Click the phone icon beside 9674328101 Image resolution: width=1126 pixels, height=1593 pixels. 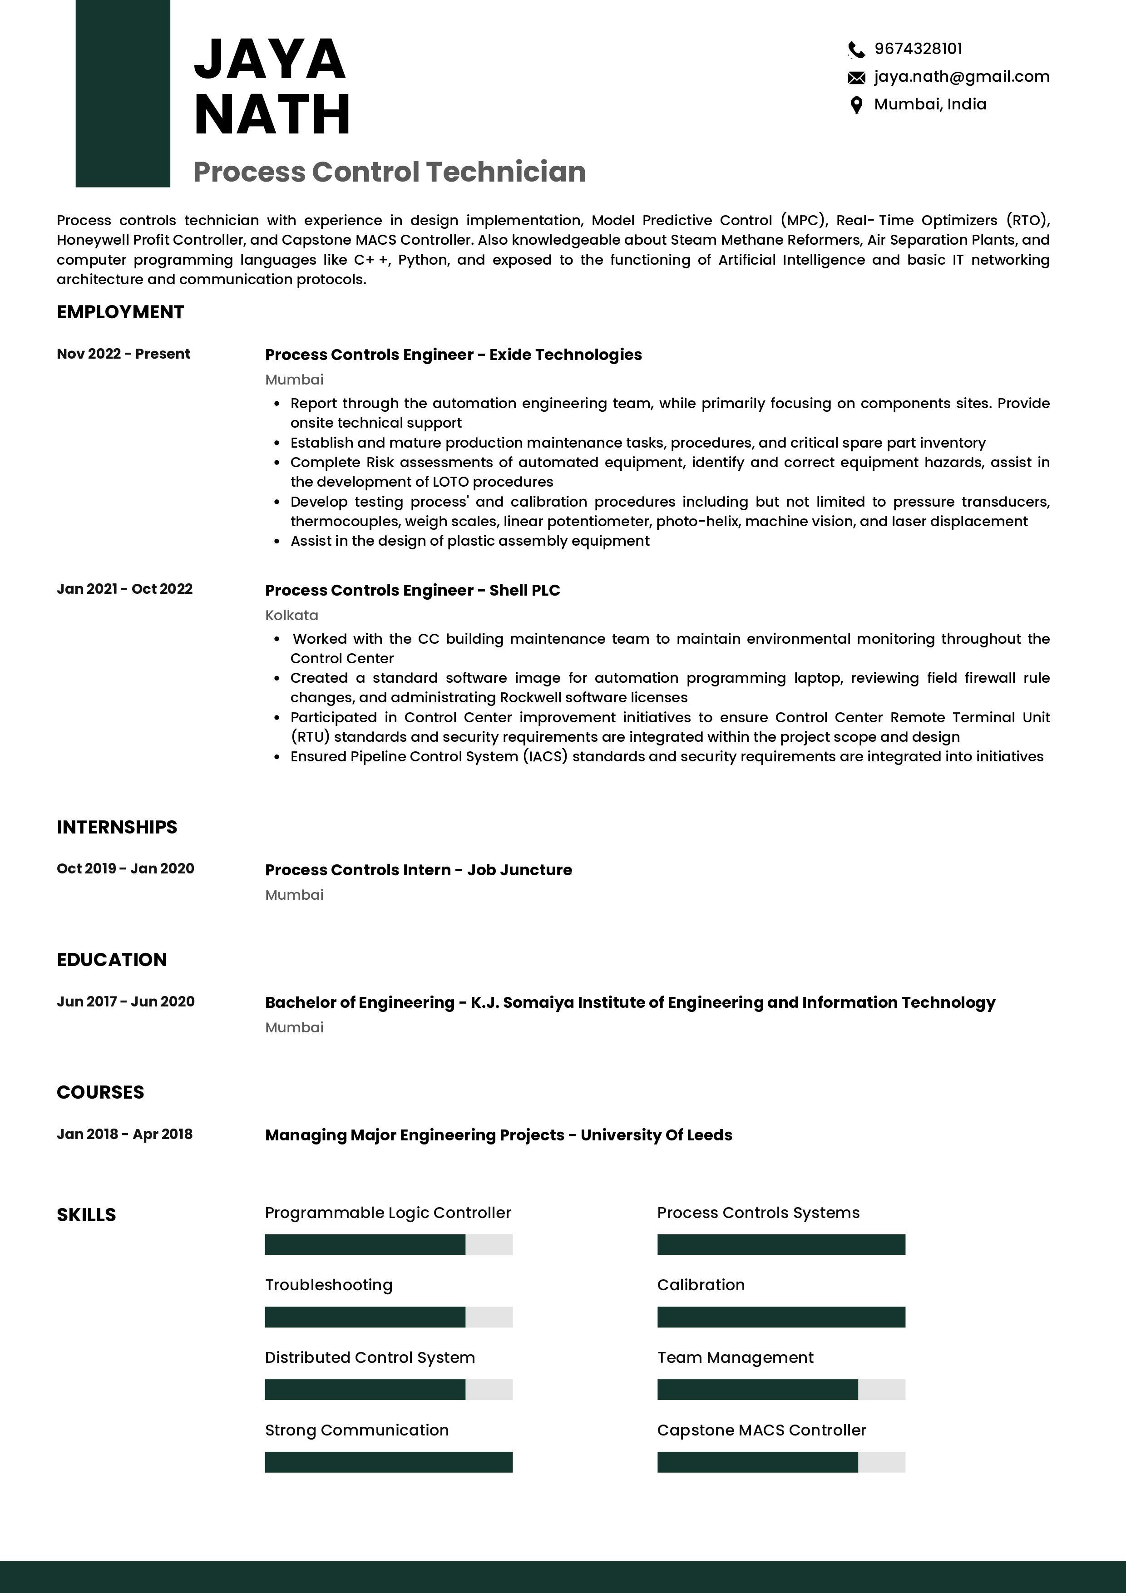click(x=856, y=50)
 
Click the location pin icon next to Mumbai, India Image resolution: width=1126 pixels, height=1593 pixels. click(x=856, y=105)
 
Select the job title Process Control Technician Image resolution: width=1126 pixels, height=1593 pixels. click(x=389, y=172)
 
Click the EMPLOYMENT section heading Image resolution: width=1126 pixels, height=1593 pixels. click(x=120, y=312)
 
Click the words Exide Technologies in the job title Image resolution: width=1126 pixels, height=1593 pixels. click(x=565, y=355)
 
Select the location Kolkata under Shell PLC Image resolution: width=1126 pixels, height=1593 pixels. click(x=291, y=616)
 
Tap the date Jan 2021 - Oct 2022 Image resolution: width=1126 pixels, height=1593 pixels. click(x=125, y=589)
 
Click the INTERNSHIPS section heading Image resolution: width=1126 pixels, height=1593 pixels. click(x=117, y=827)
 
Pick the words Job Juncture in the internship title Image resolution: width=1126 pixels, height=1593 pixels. click(x=519, y=870)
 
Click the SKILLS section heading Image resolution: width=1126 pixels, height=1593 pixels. click(x=86, y=1215)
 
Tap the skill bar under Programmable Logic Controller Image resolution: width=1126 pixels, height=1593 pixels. click(x=389, y=1245)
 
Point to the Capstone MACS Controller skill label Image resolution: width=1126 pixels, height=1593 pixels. click(x=761, y=1430)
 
